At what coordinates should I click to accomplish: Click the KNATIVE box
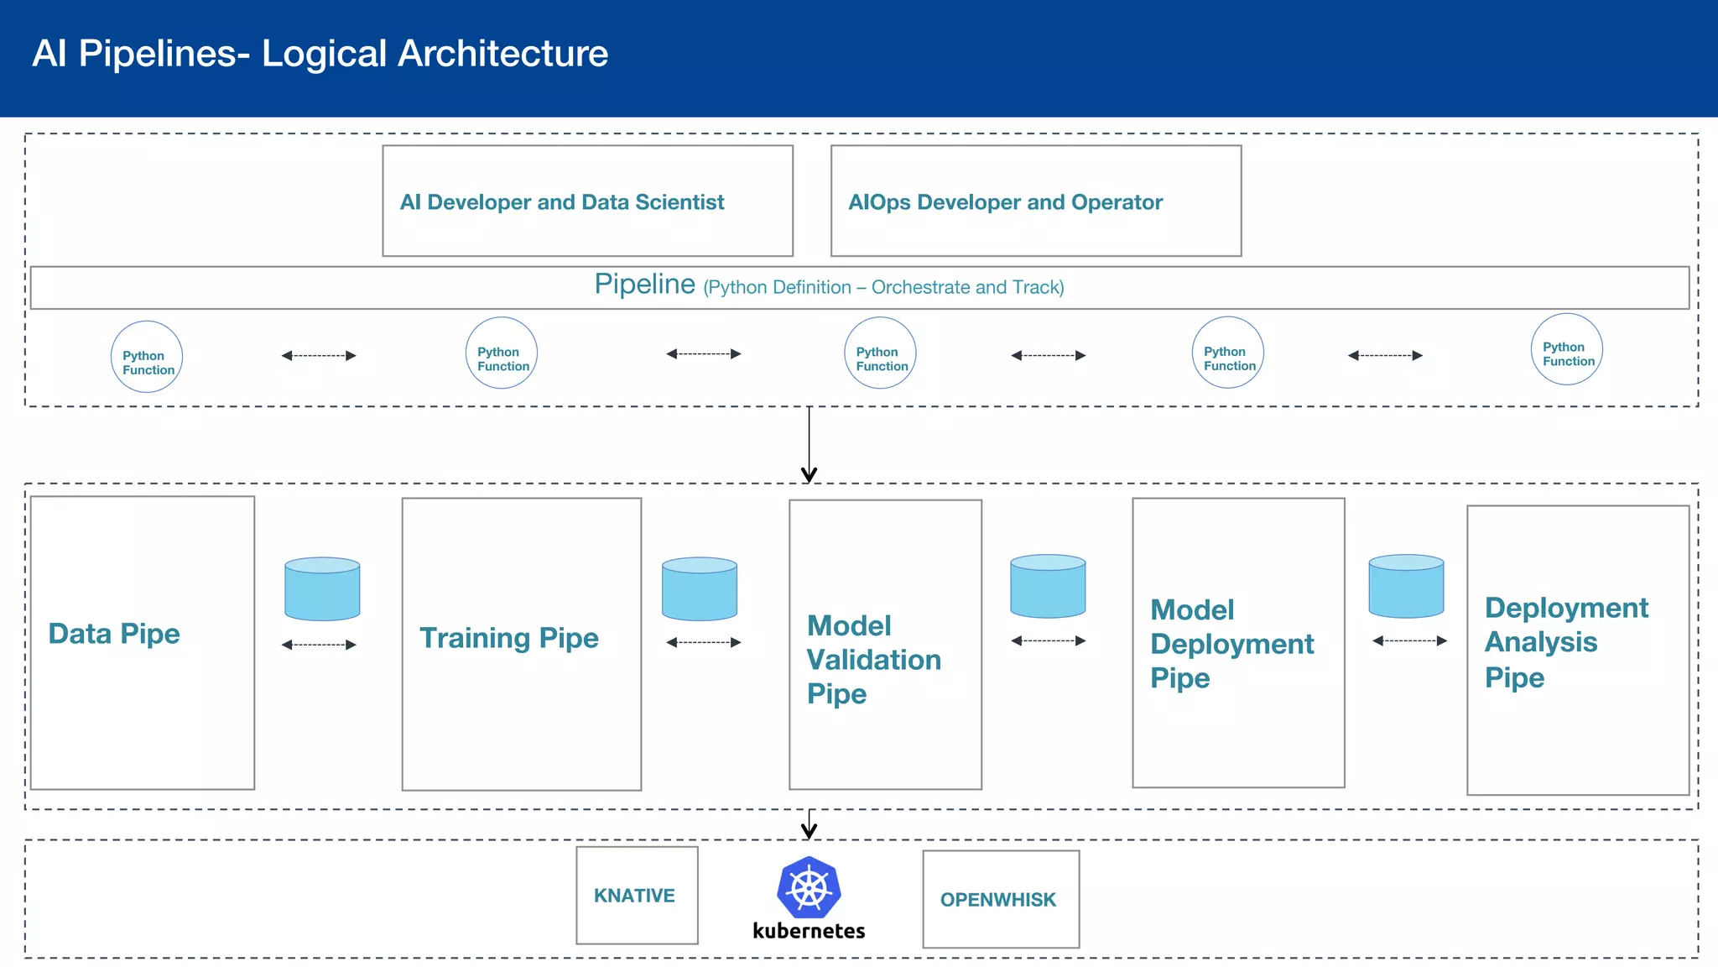[x=636, y=896]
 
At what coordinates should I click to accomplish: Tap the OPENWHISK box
[x=1000, y=900]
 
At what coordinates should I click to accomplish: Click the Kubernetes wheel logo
[x=809, y=887]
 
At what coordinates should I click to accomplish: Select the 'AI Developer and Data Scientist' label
[x=562, y=202]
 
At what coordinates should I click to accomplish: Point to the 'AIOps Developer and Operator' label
[x=1005, y=202]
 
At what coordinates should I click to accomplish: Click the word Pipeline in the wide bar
[x=644, y=285]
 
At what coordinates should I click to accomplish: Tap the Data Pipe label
[x=114, y=634]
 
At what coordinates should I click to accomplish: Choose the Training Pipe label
[x=509, y=638]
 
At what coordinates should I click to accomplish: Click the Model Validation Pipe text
[x=872, y=660]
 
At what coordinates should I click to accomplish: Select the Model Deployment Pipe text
[x=1231, y=644]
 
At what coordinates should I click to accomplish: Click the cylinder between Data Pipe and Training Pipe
[x=322, y=588]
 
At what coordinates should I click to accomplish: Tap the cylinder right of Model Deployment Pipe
[x=1406, y=586]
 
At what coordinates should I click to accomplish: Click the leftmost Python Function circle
[x=147, y=357]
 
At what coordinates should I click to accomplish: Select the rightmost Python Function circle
[x=1566, y=349]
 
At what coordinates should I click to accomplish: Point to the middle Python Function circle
[x=880, y=353]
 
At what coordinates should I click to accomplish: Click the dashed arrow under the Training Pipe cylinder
[x=703, y=643]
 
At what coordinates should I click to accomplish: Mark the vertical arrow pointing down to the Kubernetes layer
[x=809, y=824]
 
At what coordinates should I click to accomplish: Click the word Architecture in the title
[x=502, y=54]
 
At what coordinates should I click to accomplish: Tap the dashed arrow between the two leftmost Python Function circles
[x=319, y=356]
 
